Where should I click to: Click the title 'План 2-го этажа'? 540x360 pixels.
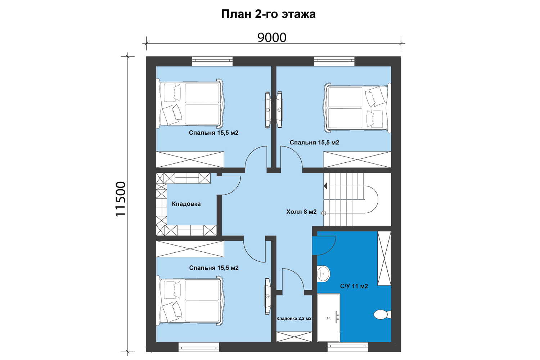[268, 14]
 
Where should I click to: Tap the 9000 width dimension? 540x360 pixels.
[272, 37]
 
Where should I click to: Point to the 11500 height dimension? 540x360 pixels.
[121, 199]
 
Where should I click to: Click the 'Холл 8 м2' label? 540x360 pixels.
[301, 212]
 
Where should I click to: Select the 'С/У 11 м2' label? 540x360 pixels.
[354, 286]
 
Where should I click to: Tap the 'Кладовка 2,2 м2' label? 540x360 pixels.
[294, 319]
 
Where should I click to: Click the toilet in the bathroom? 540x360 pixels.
[382, 314]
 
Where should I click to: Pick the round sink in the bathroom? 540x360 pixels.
[323, 274]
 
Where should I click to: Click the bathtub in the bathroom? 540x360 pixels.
[328, 318]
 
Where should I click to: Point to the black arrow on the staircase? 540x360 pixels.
[325, 186]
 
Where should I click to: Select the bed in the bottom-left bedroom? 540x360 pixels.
[190, 301]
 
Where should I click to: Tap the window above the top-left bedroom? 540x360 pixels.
[212, 61]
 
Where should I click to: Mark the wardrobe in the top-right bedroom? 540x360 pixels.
[357, 159]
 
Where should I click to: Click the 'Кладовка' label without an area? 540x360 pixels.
[186, 204]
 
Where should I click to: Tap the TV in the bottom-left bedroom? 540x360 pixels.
[267, 296]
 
